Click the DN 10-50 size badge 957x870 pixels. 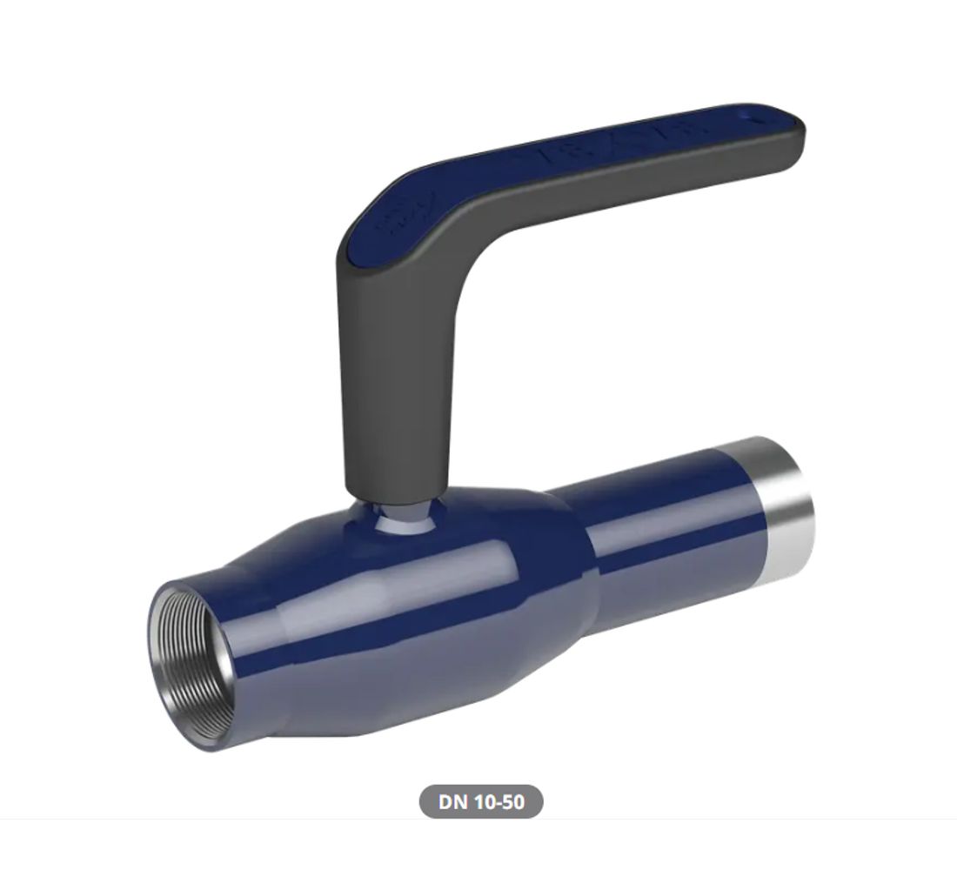tap(481, 801)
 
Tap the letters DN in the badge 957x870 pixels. tap(453, 801)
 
